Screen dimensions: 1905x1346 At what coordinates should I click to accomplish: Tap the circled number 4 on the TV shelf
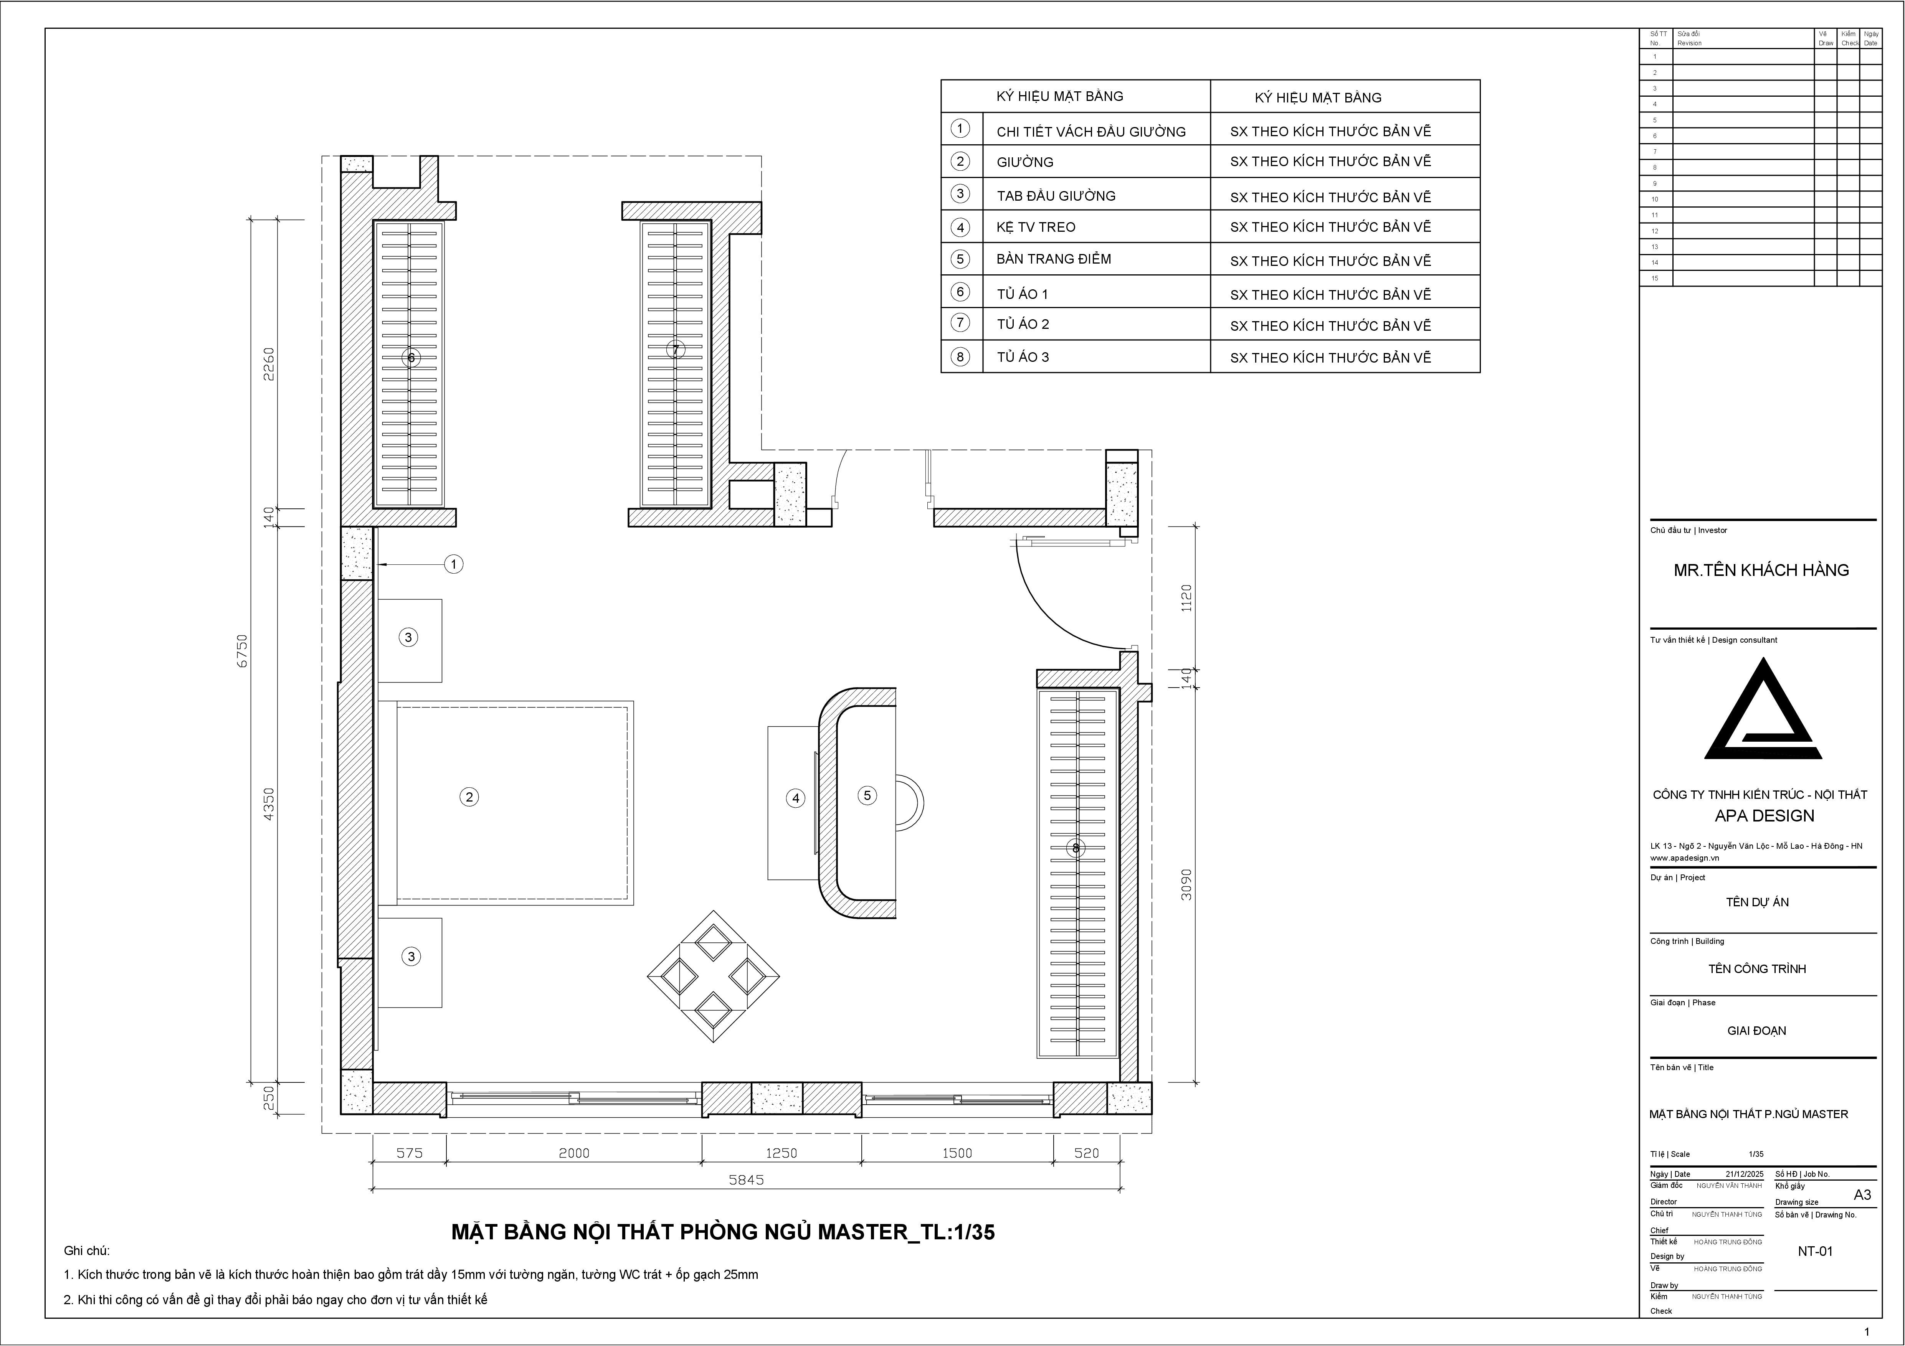coord(796,798)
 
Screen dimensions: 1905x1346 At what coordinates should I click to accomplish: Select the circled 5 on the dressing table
coord(867,795)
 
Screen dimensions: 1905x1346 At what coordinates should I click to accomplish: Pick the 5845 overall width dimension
coord(746,1179)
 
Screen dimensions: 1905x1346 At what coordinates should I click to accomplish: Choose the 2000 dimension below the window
coord(574,1153)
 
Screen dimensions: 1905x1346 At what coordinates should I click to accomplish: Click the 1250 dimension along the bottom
coord(781,1153)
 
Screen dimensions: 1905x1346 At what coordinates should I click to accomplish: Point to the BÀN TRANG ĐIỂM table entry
coord(1054,259)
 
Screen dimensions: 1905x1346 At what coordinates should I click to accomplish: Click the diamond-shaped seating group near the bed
coord(714,977)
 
